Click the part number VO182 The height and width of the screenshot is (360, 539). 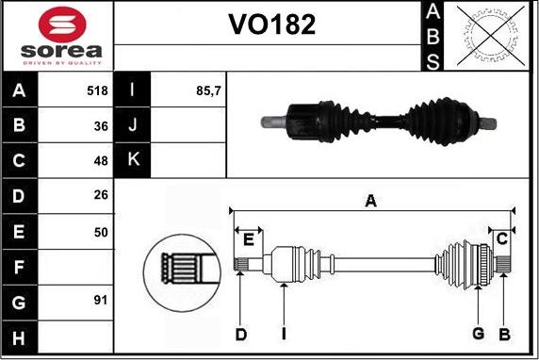pos(272,25)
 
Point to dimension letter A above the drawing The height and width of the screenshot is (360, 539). pos(371,200)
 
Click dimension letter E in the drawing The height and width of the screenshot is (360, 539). pos(248,239)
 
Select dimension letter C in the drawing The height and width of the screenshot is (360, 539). pos(502,237)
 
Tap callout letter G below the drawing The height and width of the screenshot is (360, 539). pos(479,334)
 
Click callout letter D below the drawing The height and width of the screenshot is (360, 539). pos(241,334)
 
